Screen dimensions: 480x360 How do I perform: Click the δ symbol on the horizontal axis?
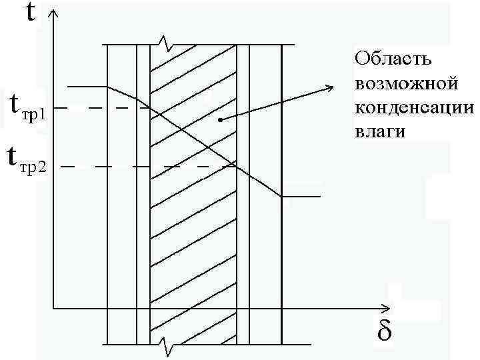pos(385,331)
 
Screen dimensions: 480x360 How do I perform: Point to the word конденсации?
pos(414,108)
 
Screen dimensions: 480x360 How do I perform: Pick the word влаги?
pos(380,132)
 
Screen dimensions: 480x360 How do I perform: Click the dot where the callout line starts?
pos(220,120)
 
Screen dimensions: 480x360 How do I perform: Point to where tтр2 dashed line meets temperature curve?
pos(234,165)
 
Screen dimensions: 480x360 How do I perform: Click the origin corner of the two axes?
pos(54,309)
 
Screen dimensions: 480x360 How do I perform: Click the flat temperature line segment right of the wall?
pos(301,197)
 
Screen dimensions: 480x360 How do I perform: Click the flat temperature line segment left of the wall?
pos(87,87)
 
